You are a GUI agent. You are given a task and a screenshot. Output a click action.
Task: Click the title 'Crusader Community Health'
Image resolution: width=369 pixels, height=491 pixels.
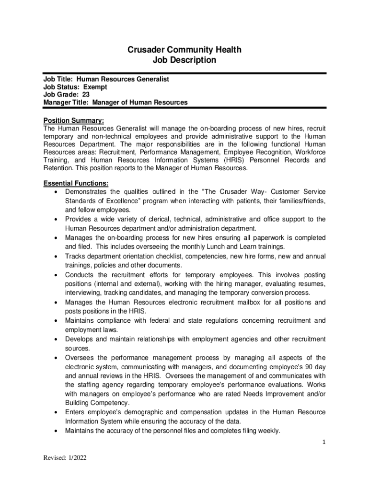(184, 50)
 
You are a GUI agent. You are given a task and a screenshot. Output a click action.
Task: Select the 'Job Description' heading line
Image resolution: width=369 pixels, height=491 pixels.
(184, 60)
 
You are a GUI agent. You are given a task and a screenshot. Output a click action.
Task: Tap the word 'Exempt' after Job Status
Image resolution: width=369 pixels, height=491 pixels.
(95, 87)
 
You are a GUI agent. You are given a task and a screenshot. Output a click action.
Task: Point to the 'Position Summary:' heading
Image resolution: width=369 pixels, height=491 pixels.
(74, 120)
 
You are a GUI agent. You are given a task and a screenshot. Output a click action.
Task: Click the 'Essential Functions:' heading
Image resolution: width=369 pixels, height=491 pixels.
(76, 183)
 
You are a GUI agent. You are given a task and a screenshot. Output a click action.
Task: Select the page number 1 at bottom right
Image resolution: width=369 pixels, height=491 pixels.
(324, 442)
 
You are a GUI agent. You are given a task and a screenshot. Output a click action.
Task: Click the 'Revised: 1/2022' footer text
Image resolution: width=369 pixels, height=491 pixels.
(65, 458)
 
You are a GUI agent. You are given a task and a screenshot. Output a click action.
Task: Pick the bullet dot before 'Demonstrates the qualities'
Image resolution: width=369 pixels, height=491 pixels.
(57, 192)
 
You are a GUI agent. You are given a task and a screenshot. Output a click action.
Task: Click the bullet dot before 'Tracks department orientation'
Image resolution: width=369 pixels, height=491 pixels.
(57, 257)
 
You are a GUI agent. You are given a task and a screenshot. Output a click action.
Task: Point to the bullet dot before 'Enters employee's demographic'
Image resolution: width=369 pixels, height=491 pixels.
(57, 412)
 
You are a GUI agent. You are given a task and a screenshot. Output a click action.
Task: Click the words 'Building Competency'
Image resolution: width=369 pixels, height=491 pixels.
(97, 403)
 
